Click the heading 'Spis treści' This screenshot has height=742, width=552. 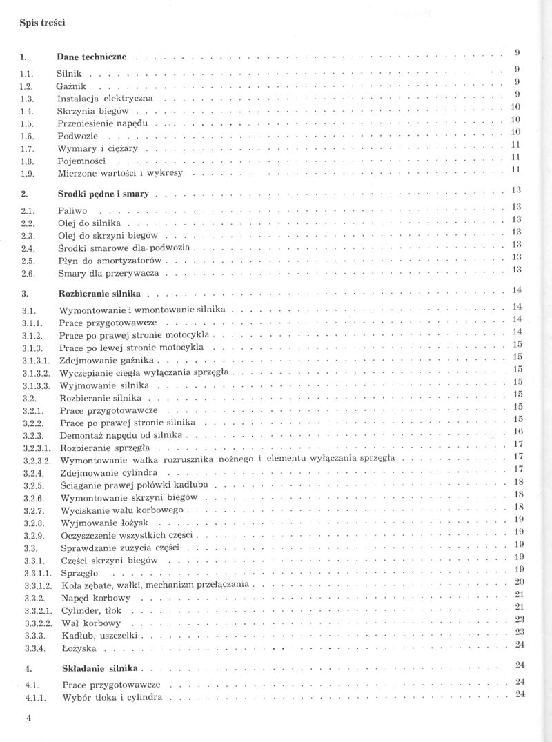tap(42, 23)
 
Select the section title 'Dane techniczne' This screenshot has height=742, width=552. tap(92, 57)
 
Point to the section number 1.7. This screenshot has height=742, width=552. tap(28, 148)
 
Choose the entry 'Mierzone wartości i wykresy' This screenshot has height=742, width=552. tap(120, 173)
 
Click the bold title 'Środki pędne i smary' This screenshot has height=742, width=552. tap(103, 194)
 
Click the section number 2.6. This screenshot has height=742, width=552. tap(28, 274)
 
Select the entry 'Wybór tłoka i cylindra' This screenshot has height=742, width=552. tap(112, 698)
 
